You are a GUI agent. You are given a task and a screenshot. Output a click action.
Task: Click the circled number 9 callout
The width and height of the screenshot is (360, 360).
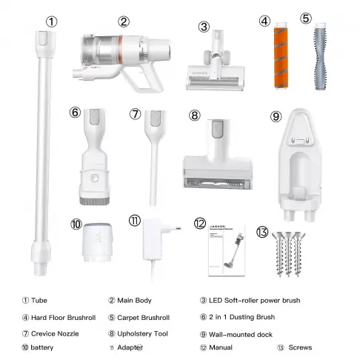(x=276, y=116)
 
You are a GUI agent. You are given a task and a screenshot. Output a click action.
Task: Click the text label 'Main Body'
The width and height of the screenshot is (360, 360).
(x=136, y=301)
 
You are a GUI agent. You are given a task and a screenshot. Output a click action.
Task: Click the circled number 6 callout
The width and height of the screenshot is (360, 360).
(x=74, y=113)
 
